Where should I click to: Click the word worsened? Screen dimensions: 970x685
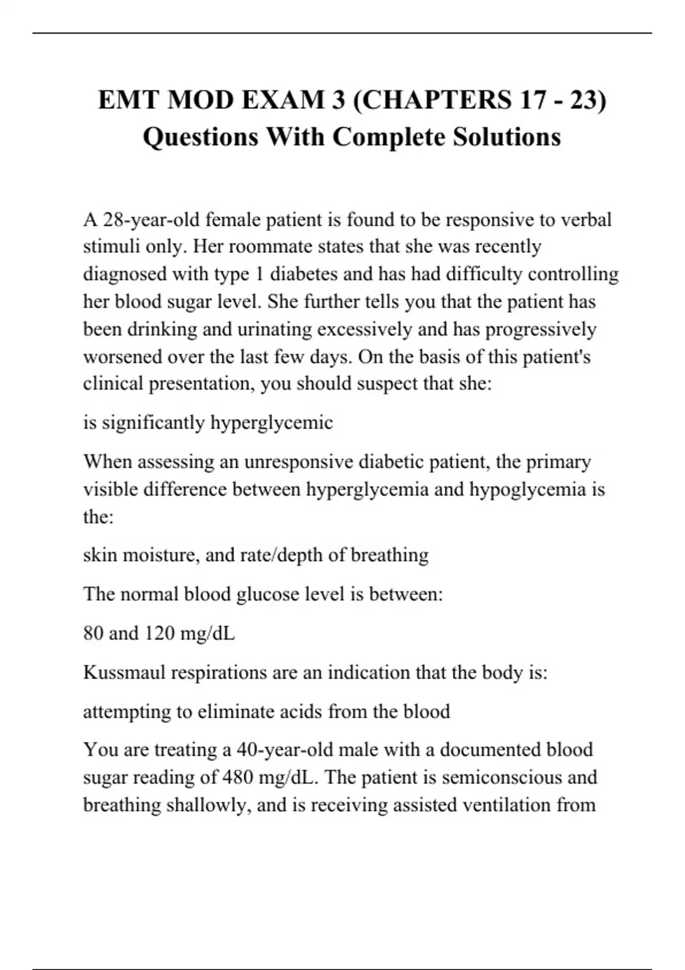pos(122,357)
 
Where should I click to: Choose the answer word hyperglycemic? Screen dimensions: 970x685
pos(272,423)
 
